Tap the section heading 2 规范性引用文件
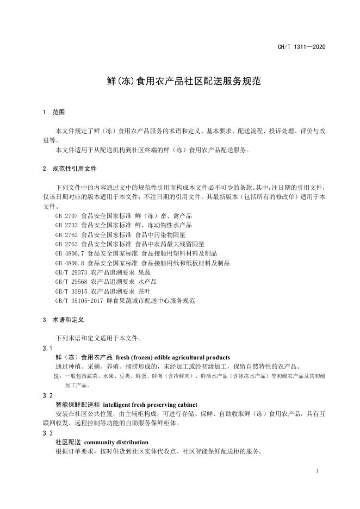click(x=70, y=169)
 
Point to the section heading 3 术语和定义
click(x=63, y=320)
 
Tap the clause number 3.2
click(x=47, y=395)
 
